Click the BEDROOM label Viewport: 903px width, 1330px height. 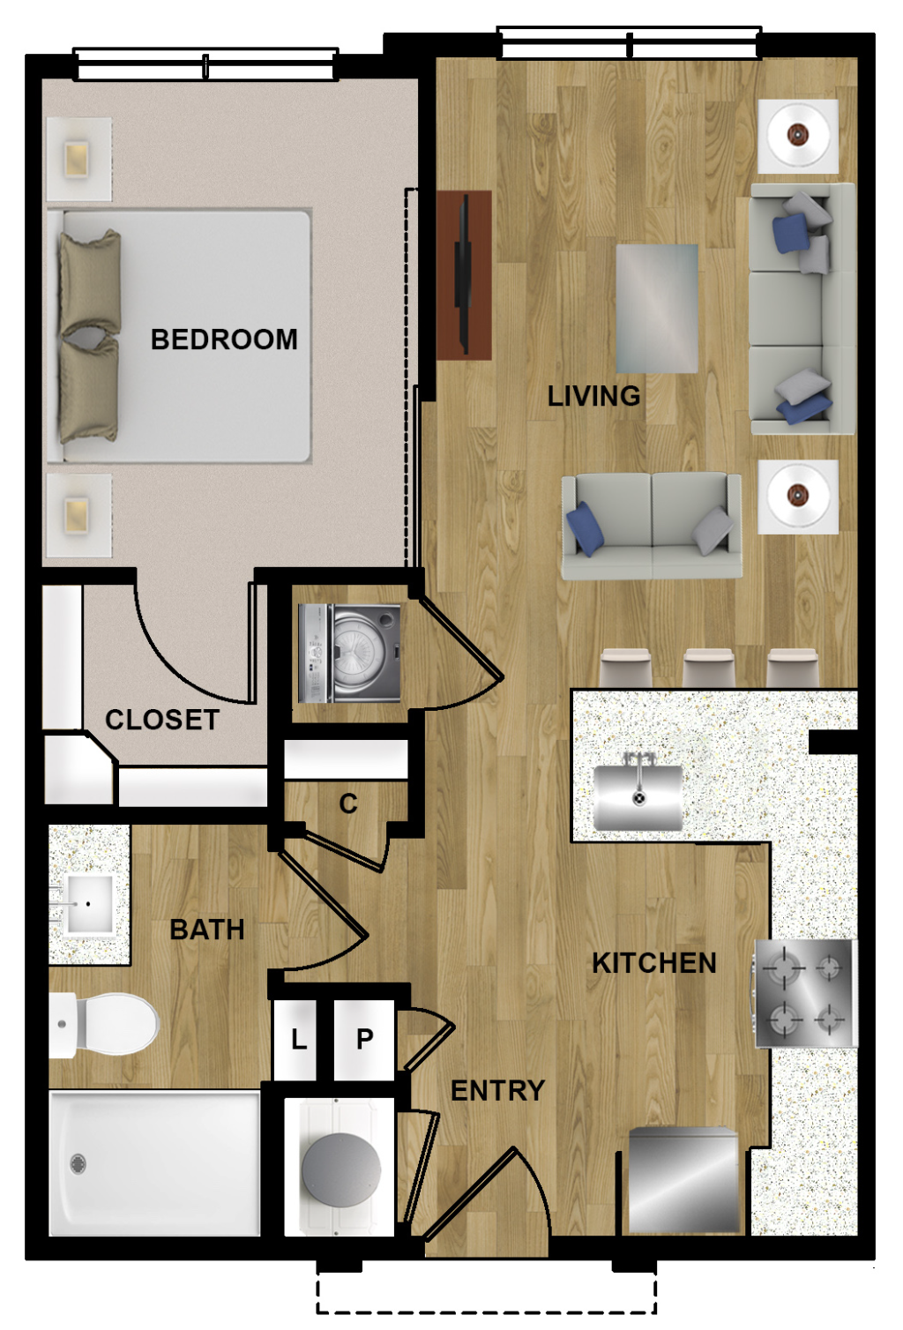[x=224, y=340]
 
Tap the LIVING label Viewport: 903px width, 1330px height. [x=593, y=396]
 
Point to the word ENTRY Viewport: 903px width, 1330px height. [x=497, y=1090]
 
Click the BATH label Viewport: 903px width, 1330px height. [x=207, y=930]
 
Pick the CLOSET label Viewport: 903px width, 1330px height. [x=162, y=720]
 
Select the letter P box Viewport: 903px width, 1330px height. [x=364, y=1040]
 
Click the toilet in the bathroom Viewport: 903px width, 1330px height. [x=104, y=1025]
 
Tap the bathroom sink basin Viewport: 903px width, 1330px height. [x=88, y=904]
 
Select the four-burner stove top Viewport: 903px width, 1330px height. [x=806, y=993]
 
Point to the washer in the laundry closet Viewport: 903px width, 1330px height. [x=350, y=654]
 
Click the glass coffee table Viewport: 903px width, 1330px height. [x=657, y=308]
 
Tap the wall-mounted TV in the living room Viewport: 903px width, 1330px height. [x=463, y=275]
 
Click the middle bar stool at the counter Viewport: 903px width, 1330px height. [x=708, y=668]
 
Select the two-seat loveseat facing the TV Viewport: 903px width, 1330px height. [x=652, y=525]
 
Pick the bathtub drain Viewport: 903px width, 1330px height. [x=78, y=1163]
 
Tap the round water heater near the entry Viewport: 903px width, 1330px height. [x=340, y=1169]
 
